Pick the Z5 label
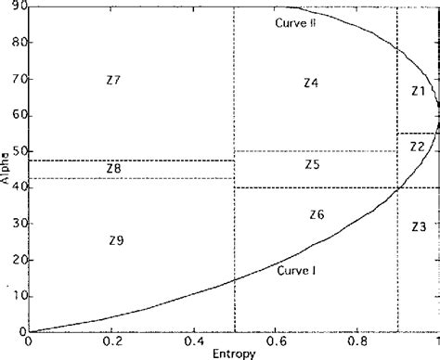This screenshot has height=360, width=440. tap(311, 164)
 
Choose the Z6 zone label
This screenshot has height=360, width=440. tap(317, 214)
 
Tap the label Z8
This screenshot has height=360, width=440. tap(113, 169)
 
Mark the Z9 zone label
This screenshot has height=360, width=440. tap(115, 240)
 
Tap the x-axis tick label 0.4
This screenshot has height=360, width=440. tap(194, 341)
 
